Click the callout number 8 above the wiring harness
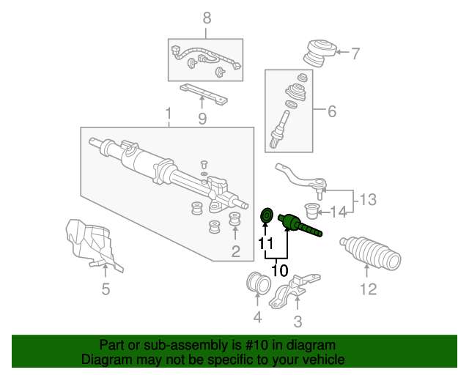tap(207, 18)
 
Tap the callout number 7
tap(355, 53)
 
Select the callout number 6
tap(332, 111)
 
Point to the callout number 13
tap(368, 199)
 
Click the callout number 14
tap(339, 212)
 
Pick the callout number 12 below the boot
tap(368, 289)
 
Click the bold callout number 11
tap(265, 243)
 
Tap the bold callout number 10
tap(280, 271)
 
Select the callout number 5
tap(106, 289)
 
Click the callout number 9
tap(202, 119)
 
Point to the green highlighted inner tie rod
tap(300, 226)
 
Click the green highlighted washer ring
tap(267, 215)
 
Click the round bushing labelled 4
tap(258, 282)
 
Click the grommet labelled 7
tap(320, 53)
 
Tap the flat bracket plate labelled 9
tap(204, 94)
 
